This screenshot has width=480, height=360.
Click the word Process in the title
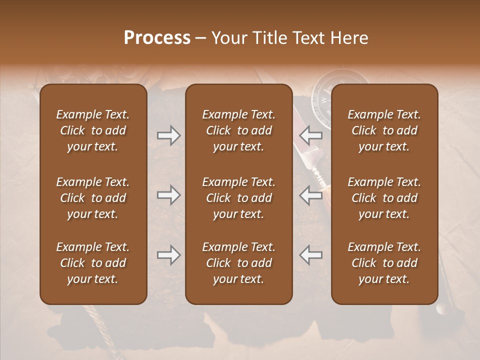pyautogui.click(x=157, y=38)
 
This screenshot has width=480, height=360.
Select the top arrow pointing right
pyautogui.click(x=168, y=135)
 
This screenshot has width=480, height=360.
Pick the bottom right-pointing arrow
pyautogui.click(x=168, y=255)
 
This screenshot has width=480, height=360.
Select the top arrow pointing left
pyautogui.click(x=311, y=135)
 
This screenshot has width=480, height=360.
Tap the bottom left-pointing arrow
pyautogui.click(x=311, y=255)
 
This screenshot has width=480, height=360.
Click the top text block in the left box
pyautogui.click(x=93, y=130)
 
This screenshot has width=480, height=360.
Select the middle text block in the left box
pyautogui.click(x=93, y=198)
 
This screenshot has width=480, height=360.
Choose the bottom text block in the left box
pyautogui.click(x=93, y=263)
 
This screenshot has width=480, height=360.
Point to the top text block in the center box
pyautogui.click(x=238, y=130)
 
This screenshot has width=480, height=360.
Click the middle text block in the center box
pyautogui.click(x=238, y=198)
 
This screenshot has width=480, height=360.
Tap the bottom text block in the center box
pyautogui.click(x=238, y=263)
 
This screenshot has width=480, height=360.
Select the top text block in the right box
pyautogui.click(x=384, y=130)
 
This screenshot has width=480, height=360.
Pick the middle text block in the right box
pyautogui.click(x=384, y=198)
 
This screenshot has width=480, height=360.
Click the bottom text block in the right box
pyautogui.click(x=384, y=263)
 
